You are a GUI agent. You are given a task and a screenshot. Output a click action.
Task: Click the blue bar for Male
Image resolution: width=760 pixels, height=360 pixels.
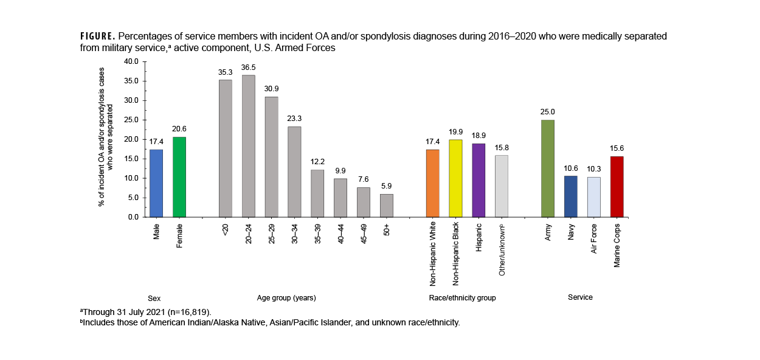pyautogui.click(x=156, y=183)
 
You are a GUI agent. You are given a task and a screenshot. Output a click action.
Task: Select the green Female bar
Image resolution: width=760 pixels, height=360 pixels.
pyautogui.click(x=179, y=177)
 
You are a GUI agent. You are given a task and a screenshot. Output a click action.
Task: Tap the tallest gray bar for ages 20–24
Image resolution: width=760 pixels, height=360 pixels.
pyautogui.click(x=248, y=146)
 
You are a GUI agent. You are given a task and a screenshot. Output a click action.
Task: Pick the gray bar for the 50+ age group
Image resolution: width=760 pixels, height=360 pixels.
pyautogui.click(x=387, y=206)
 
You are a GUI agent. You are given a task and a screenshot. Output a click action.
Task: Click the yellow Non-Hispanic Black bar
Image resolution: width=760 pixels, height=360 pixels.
pyautogui.click(x=455, y=178)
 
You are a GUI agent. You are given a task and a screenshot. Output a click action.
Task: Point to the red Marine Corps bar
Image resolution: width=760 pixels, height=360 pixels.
pyautogui.click(x=617, y=187)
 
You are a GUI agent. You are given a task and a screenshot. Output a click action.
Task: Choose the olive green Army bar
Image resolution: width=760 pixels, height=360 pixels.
pyautogui.click(x=548, y=168)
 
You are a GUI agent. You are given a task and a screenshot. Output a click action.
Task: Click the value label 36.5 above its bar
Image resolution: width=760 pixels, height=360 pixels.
pyautogui.click(x=248, y=67)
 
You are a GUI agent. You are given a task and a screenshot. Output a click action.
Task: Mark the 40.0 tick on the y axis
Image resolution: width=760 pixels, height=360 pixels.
pyautogui.click(x=131, y=61)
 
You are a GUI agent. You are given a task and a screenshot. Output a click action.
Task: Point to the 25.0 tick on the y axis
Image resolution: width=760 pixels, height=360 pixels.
pyautogui.click(x=131, y=120)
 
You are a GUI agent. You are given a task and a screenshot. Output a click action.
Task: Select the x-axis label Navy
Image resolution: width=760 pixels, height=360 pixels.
pyautogui.click(x=572, y=231)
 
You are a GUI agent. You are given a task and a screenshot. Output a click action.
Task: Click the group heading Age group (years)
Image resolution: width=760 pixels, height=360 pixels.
pyautogui.click(x=286, y=298)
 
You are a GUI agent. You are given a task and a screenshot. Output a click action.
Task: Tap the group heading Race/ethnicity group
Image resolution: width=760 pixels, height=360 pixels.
pyautogui.click(x=463, y=298)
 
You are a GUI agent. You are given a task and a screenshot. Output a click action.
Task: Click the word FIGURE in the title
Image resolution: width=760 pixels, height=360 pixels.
pyautogui.click(x=98, y=36)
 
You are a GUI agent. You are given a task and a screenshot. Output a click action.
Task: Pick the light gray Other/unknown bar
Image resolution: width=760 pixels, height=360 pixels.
pyautogui.click(x=502, y=186)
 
